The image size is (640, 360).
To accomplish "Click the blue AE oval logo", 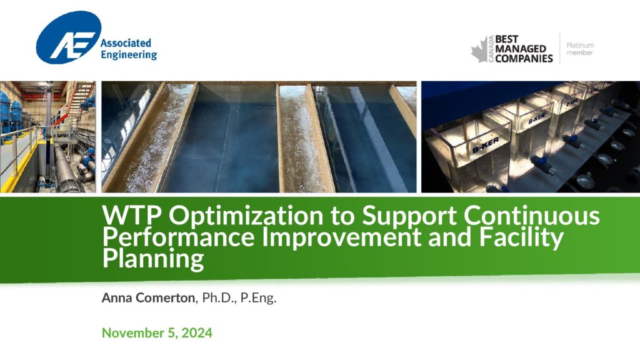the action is [69, 37].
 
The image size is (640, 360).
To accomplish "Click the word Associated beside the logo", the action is [126, 43].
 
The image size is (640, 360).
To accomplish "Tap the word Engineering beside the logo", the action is [129, 55].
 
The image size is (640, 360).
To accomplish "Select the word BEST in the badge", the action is [506, 39].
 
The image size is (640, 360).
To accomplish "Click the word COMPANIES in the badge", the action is [524, 59].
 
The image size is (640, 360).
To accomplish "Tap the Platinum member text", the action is [580, 49].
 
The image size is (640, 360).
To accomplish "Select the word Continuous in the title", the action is [532, 215].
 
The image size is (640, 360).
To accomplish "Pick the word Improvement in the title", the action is [341, 237].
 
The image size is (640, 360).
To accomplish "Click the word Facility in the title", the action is [521, 237].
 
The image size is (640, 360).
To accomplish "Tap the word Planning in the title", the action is [153, 259].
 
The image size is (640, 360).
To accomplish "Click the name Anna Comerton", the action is [148, 297].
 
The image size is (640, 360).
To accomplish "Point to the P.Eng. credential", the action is [258, 298].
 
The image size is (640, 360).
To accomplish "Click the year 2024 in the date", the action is [197, 332].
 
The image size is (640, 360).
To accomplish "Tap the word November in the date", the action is [133, 332].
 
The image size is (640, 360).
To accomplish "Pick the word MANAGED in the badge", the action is [521, 49].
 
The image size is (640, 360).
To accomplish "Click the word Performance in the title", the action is [178, 237].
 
